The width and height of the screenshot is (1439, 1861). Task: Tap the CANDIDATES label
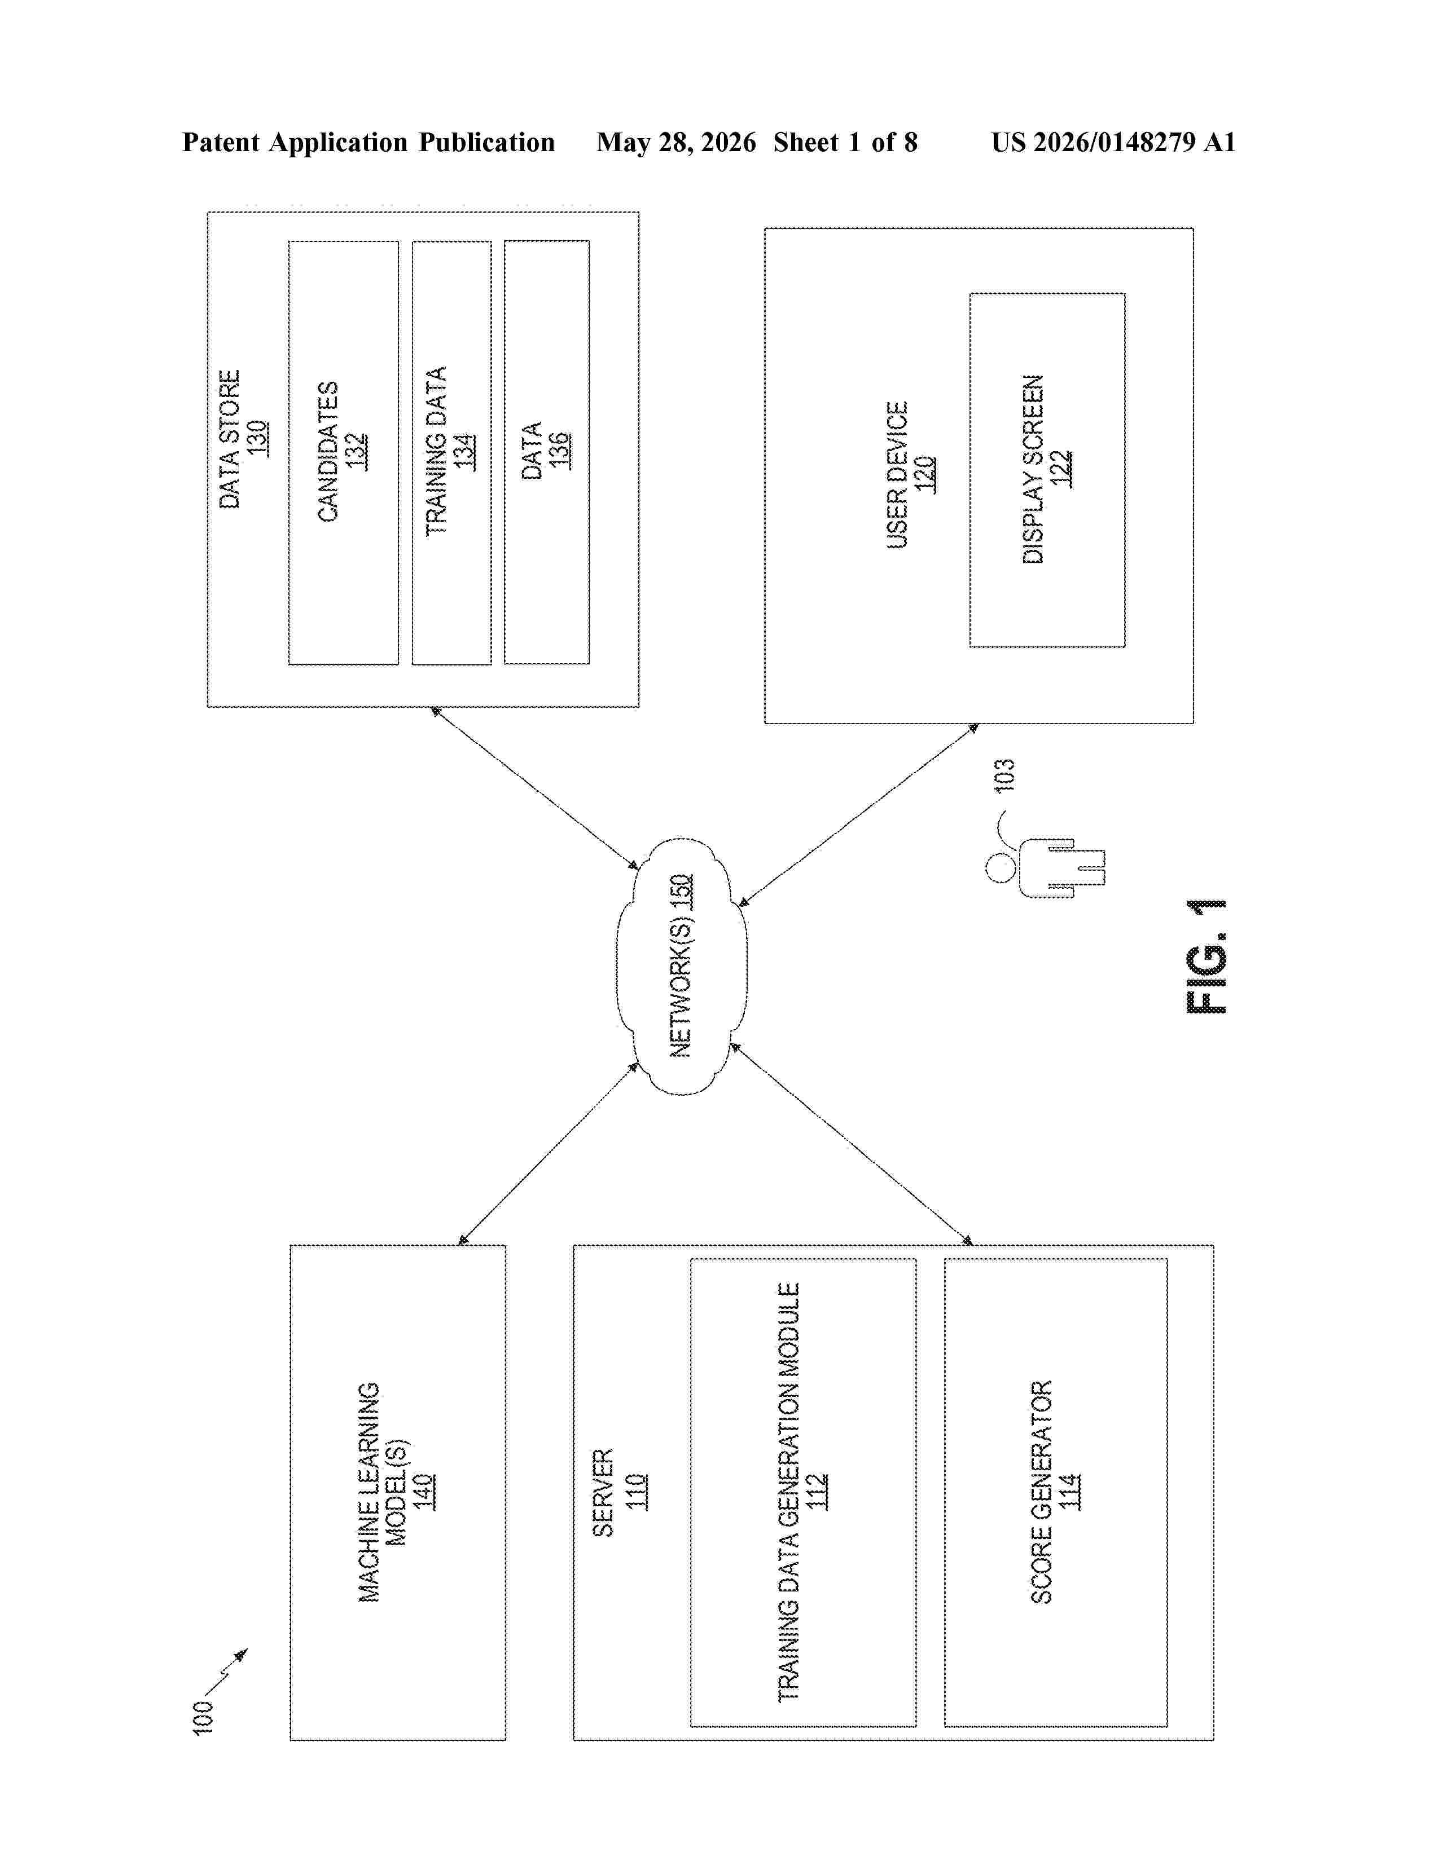click(x=328, y=452)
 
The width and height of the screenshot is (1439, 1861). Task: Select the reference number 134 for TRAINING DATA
click(x=464, y=452)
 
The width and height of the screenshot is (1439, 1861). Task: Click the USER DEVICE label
click(x=897, y=475)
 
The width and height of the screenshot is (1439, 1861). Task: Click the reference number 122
click(x=1061, y=469)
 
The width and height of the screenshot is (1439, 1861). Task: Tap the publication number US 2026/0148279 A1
click(x=1113, y=142)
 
